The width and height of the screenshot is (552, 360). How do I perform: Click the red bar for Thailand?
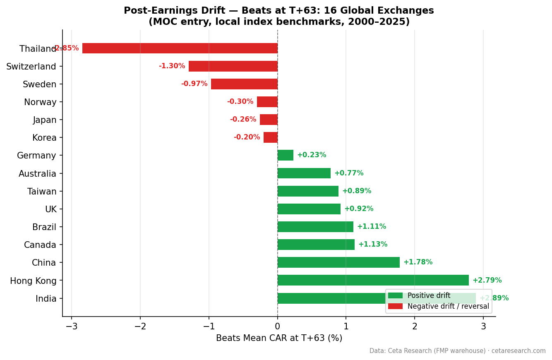pyautogui.click(x=180, y=48)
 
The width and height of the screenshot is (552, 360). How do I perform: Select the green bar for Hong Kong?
pyautogui.click(x=373, y=280)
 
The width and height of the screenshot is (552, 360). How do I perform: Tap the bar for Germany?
pyautogui.click(x=285, y=155)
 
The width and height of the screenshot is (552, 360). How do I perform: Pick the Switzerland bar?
pyautogui.click(x=233, y=66)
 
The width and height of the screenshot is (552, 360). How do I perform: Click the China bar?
pyautogui.click(x=338, y=262)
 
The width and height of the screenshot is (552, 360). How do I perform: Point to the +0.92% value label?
pyautogui.click(x=359, y=209)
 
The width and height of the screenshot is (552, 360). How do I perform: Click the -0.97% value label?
pyautogui.click(x=194, y=84)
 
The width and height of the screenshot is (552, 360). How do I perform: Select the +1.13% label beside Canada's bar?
pyautogui.click(x=373, y=245)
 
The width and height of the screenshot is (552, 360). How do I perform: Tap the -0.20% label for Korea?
pyautogui.click(x=247, y=137)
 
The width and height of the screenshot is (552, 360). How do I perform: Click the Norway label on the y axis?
pyautogui.click(x=40, y=102)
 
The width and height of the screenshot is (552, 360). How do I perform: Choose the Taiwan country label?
pyautogui.click(x=42, y=192)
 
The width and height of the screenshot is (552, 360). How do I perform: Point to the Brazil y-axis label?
pyautogui.click(x=44, y=227)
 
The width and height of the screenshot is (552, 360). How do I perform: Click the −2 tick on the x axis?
pyautogui.click(x=140, y=326)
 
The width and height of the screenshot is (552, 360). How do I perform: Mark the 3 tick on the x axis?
pyautogui.click(x=483, y=326)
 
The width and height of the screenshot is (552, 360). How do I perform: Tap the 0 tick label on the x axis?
pyautogui.click(x=277, y=326)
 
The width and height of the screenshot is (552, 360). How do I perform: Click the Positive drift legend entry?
pyautogui.click(x=429, y=296)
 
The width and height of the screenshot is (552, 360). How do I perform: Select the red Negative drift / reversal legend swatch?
pyautogui.click(x=395, y=307)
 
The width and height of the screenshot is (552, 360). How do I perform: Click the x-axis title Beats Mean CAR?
pyautogui.click(x=279, y=338)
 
